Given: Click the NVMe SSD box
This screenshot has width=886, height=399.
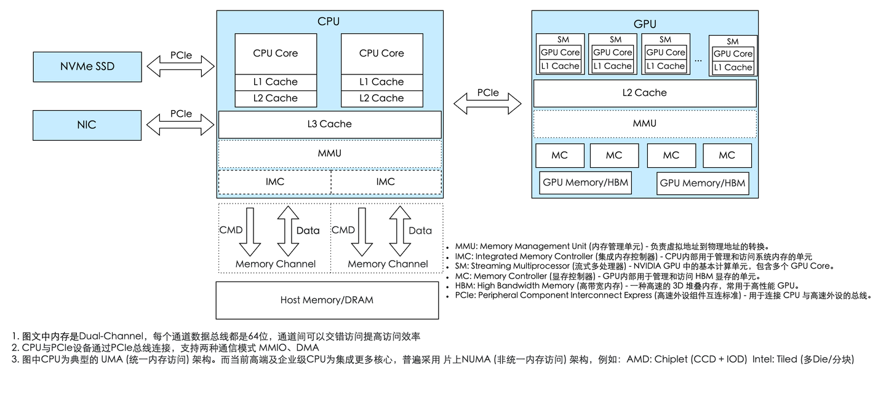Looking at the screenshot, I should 87,66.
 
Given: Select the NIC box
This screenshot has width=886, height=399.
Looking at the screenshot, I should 87,125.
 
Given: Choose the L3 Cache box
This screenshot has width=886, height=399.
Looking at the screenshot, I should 330,124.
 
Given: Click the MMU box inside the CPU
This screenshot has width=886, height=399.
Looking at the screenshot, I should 330,153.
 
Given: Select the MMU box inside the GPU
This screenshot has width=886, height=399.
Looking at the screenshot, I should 644,124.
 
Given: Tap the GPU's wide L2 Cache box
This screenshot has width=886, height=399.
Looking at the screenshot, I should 644,93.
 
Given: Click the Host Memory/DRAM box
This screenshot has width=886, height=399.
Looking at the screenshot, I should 327,300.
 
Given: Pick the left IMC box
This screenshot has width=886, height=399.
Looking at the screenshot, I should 274,182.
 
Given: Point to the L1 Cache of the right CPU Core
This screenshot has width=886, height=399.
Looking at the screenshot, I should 381,82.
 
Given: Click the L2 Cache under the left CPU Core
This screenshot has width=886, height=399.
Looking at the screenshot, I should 276,98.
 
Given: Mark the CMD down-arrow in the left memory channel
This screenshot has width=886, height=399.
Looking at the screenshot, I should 250,232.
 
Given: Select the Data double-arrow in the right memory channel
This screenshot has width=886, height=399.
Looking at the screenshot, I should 400,231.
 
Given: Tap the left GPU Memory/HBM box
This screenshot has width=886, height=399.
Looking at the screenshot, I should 585,183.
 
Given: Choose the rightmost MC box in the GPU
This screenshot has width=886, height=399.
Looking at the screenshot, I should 727,156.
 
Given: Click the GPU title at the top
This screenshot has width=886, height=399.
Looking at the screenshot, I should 644,25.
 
